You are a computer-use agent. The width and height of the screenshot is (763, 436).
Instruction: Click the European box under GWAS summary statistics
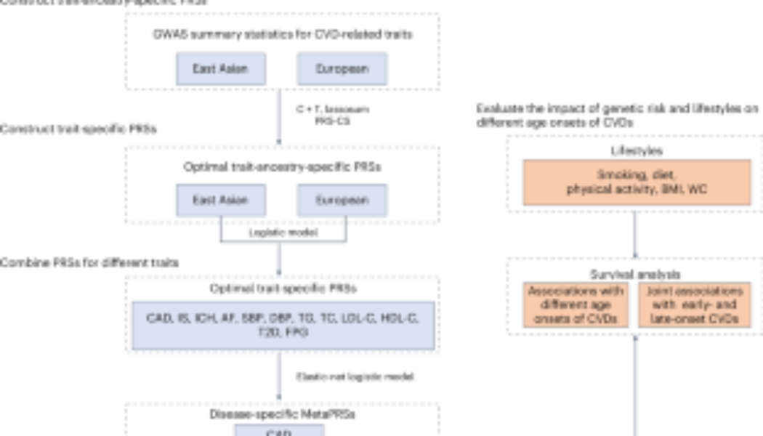click(x=342, y=70)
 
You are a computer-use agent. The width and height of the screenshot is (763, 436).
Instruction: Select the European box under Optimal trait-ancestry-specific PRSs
click(x=342, y=200)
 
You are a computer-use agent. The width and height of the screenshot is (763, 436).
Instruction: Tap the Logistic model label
click(x=283, y=233)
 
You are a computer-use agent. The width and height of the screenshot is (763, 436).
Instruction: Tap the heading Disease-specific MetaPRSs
click(x=283, y=416)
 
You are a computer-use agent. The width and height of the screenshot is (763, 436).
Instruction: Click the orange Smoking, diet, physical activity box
click(x=637, y=182)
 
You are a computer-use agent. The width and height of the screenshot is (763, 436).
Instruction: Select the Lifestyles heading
click(x=637, y=151)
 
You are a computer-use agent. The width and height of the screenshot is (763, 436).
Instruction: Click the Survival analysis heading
click(x=637, y=274)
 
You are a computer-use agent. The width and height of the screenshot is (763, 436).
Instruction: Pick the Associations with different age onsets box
click(x=576, y=304)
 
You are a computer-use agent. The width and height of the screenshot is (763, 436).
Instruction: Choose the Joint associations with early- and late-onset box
click(x=695, y=304)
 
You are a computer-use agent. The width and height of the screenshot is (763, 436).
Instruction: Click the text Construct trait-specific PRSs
click(x=78, y=129)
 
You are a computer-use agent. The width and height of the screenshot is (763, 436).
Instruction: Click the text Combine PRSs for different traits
click(x=89, y=262)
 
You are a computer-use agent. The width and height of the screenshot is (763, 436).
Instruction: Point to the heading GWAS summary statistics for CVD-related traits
click(x=283, y=34)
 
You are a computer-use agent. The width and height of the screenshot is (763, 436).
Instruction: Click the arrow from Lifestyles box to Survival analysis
click(x=637, y=234)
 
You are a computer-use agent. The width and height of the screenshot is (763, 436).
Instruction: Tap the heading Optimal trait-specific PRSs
click(x=283, y=288)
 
